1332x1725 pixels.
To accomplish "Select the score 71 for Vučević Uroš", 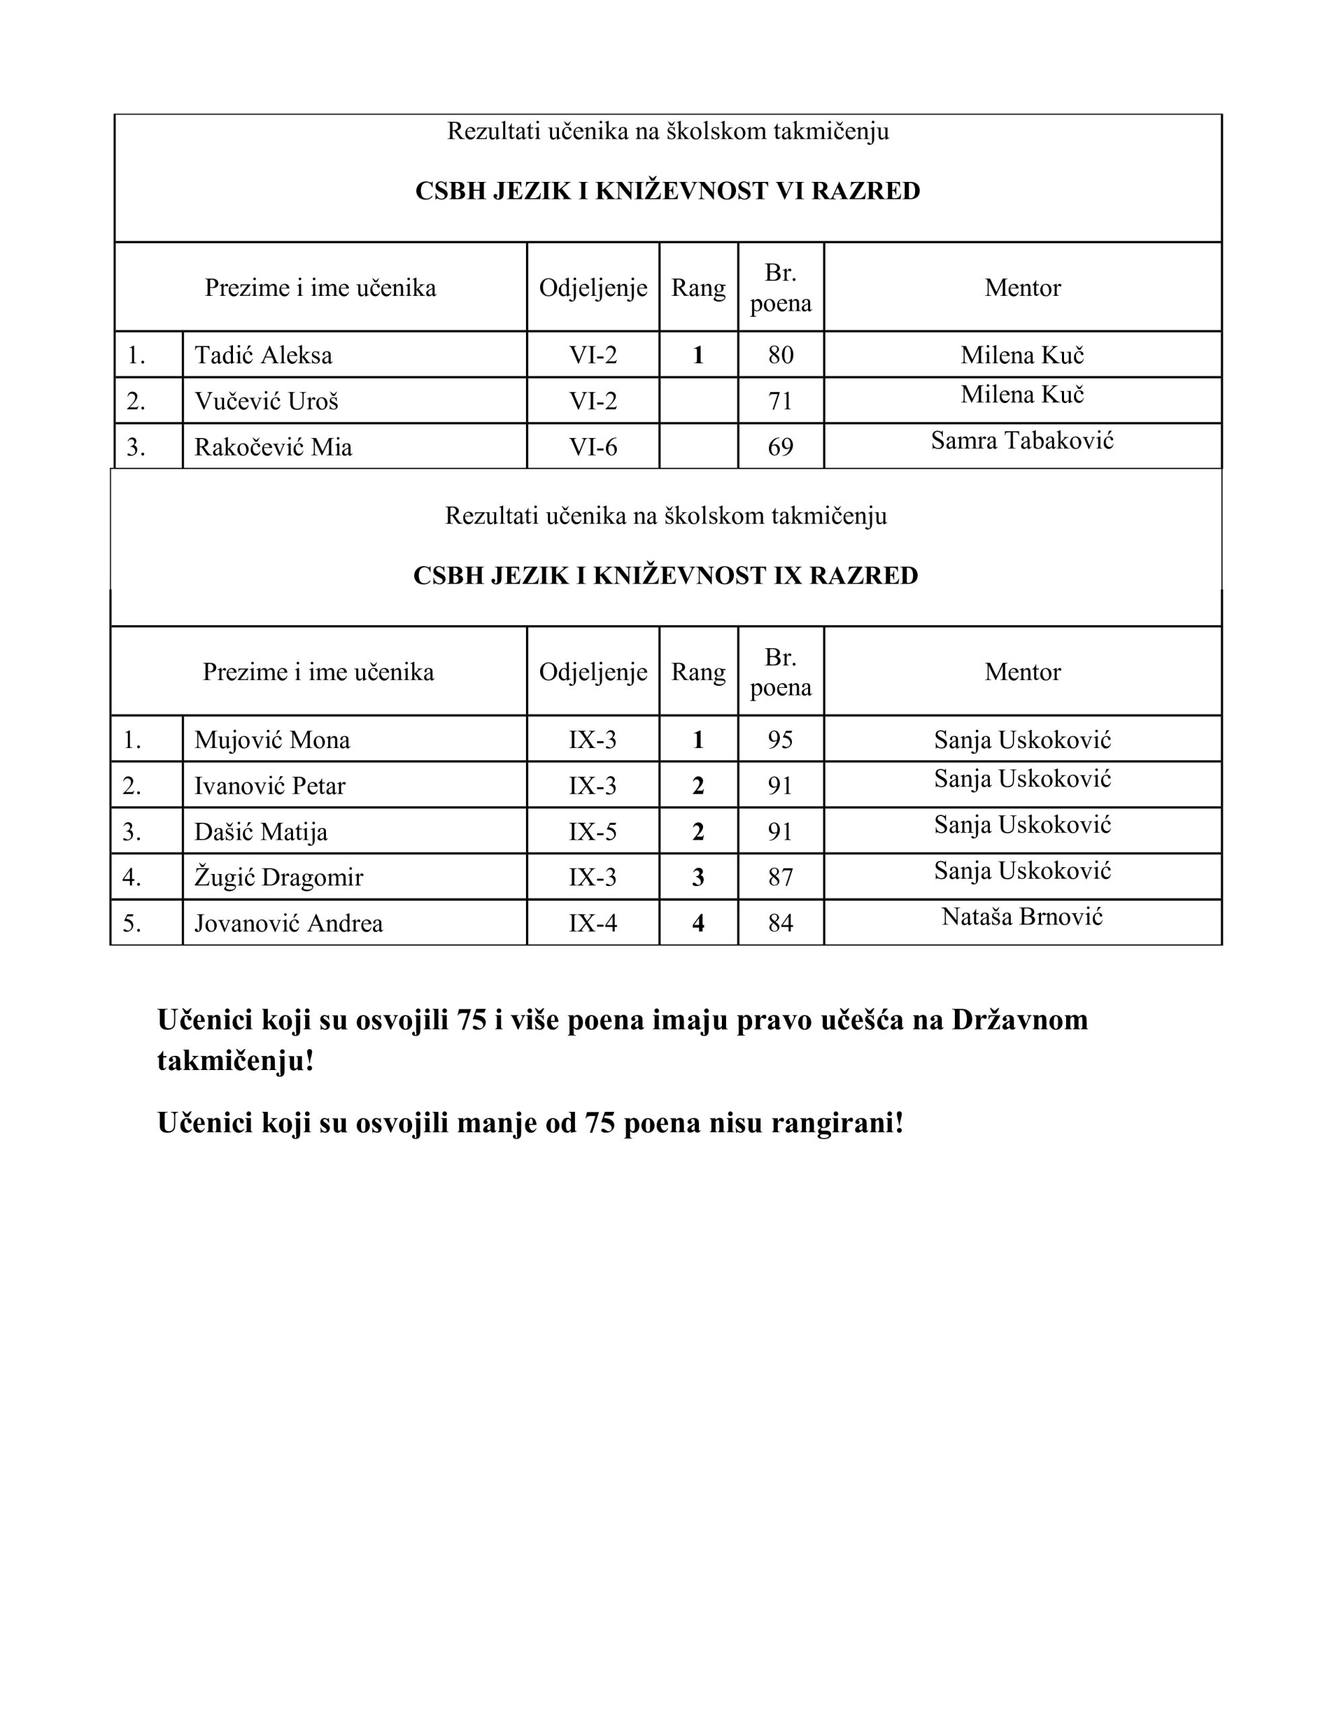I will point(780,401).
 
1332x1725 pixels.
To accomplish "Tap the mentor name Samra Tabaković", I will point(1022,441).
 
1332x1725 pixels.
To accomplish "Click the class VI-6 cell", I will point(593,447).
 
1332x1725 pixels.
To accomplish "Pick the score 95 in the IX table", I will point(780,740).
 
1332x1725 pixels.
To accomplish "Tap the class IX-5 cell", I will point(593,832).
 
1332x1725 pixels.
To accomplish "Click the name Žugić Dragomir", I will point(279,877).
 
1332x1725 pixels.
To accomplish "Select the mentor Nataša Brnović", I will point(1022,917).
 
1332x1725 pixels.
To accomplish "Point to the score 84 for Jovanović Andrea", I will point(780,923).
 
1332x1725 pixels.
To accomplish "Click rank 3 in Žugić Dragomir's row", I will point(698,877).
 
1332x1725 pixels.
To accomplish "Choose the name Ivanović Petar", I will point(270,786).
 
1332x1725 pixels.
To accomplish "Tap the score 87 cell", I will point(780,877).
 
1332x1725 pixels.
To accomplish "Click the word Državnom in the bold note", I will point(1020,1020).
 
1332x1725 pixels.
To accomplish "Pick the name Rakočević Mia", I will point(273,447).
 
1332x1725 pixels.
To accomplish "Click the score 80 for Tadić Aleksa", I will point(780,355).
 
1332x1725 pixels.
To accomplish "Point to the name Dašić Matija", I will point(261,832).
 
